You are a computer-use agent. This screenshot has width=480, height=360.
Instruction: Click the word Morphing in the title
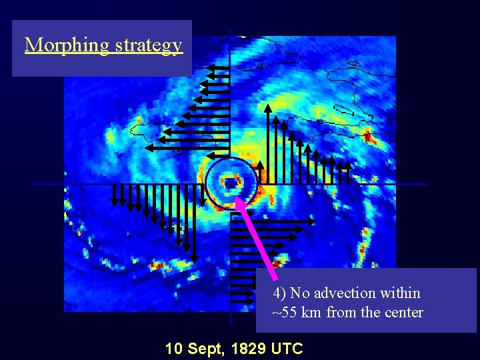tap(67, 45)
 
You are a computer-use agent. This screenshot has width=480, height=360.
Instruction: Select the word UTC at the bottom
tap(287, 348)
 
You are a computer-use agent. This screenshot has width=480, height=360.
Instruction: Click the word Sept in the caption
tap(205, 348)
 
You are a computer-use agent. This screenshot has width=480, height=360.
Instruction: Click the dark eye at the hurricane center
tap(230, 181)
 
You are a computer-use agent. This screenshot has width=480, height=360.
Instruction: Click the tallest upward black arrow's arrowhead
tap(268, 108)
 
